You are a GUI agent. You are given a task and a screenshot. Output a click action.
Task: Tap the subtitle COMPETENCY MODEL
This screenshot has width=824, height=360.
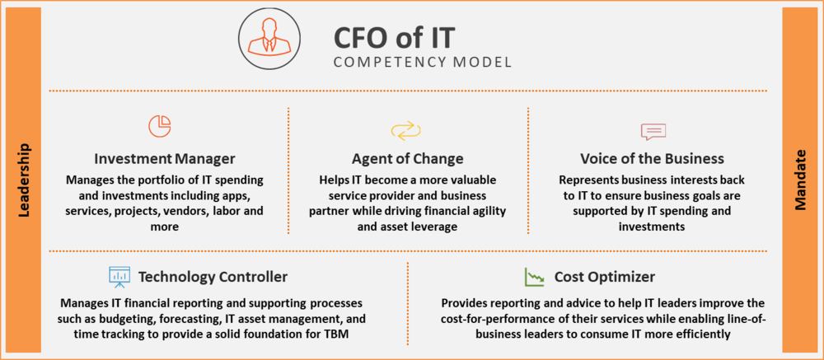point(422,62)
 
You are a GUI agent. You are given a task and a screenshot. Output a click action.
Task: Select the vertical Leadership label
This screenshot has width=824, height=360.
point(24,180)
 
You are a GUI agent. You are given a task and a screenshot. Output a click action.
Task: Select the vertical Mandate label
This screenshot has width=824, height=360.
point(800,180)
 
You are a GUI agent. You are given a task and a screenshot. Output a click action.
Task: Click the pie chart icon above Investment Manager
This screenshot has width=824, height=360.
point(160,126)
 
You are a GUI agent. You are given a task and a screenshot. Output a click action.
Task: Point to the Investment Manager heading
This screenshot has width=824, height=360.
point(165,158)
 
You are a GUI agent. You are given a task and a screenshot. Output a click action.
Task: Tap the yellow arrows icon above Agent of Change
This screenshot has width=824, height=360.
point(405,130)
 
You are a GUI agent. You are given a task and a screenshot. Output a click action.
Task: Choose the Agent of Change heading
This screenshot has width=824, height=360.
point(408,158)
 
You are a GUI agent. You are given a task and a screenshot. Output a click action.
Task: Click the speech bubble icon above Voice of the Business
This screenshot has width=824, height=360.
point(653,131)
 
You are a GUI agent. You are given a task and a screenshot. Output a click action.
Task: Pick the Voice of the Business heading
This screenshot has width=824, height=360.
point(652,158)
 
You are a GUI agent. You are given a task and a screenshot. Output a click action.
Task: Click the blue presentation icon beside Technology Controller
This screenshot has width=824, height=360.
point(119,276)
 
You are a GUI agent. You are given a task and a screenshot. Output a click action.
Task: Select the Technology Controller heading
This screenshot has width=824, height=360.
point(213,277)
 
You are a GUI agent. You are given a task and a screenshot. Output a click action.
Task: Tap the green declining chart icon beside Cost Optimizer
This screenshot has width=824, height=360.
point(535,276)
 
